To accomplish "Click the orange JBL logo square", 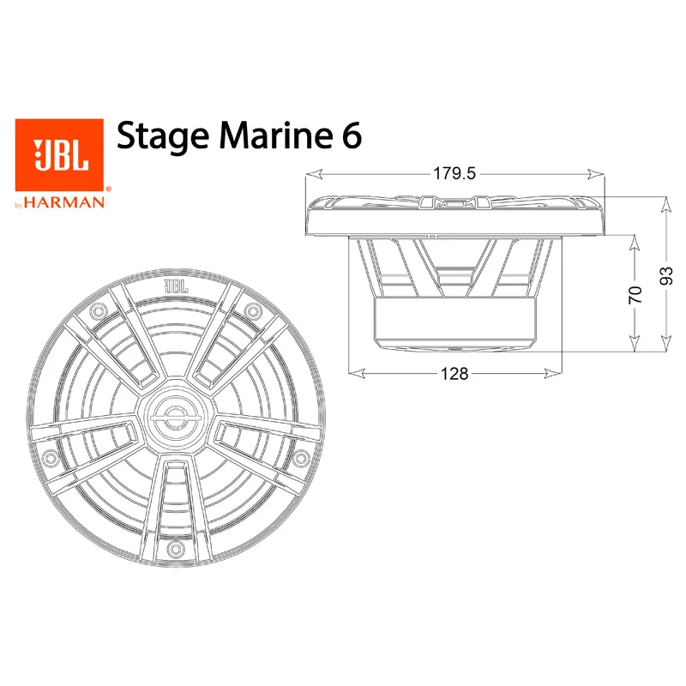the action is pos(59,155).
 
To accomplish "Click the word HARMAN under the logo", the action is pos(64,202).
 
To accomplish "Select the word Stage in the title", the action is pos(163,136).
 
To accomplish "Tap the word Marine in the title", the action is pos(275,135).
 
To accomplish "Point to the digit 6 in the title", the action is pos(352,135).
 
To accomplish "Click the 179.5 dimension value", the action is pos(454,174).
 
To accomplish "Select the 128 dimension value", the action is pos(454,374).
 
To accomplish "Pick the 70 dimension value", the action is pos(635,294).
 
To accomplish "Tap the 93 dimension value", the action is pos(666,275).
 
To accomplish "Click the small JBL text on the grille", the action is pos(176,286).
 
